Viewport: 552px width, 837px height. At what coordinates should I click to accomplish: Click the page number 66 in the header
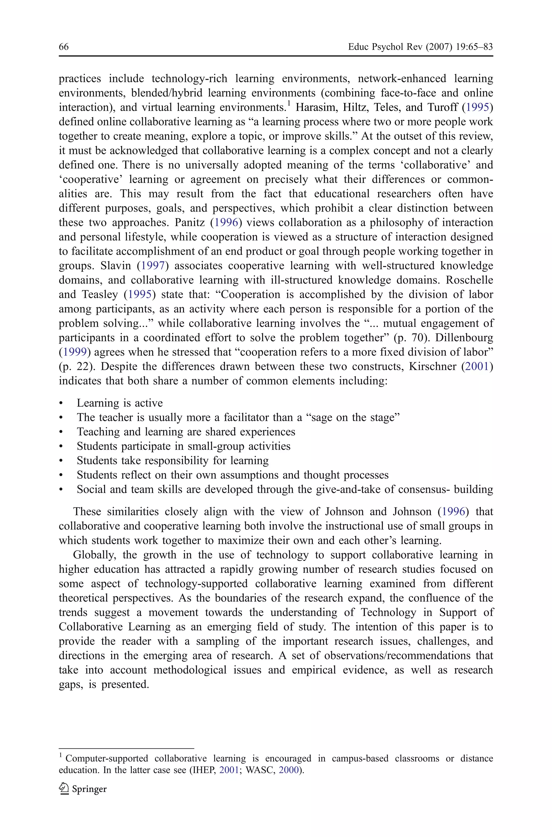tap(64, 47)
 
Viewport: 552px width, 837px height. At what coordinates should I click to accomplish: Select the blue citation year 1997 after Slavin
tap(153, 266)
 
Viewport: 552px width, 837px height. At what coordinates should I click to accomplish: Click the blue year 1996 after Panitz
tap(226, 222)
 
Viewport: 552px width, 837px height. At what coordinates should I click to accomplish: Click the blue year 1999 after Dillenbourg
tap(75, 352)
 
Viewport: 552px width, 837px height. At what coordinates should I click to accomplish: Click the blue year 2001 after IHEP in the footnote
tap(229, 770)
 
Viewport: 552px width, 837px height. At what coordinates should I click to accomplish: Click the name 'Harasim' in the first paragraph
tap(315, 107)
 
